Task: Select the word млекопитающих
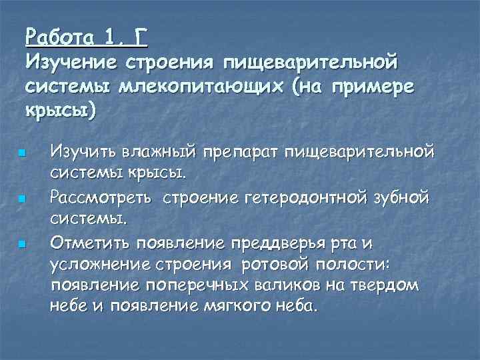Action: click(191, 87)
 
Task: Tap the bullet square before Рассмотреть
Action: click(22, 199)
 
